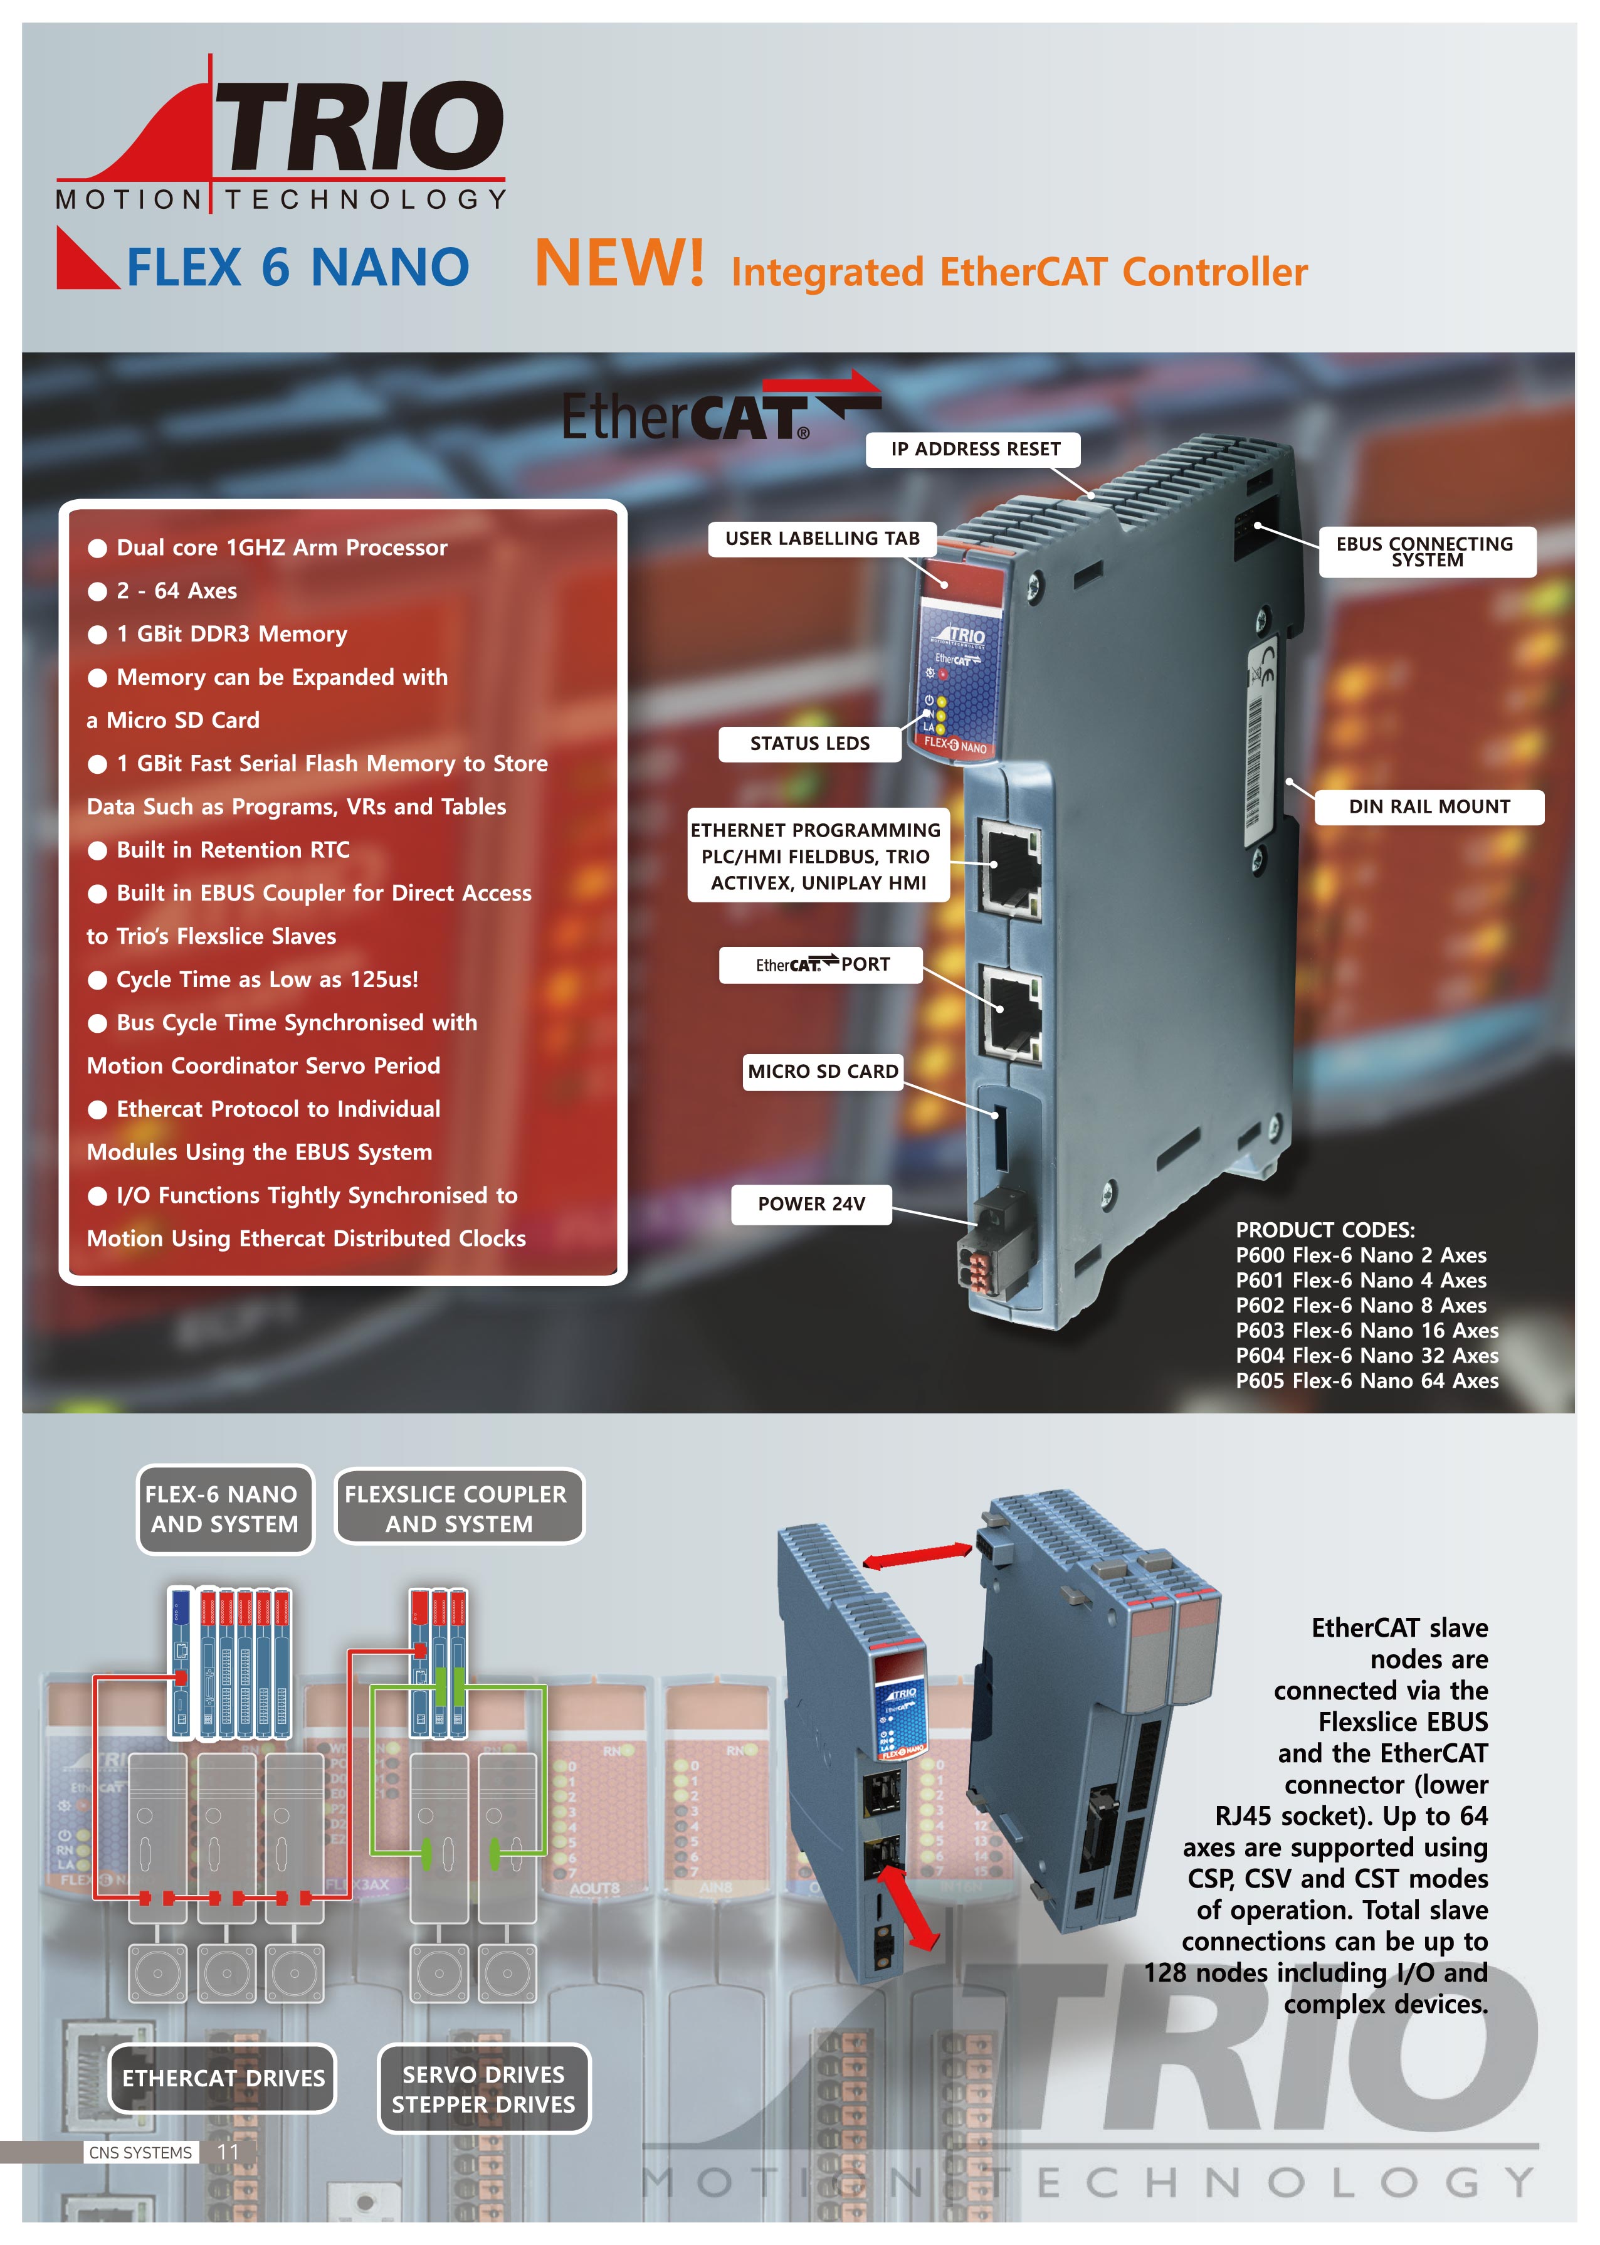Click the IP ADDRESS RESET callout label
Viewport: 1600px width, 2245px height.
pyautogui.click(x=974, y=450)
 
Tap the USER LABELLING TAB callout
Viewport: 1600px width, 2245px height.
pyautogui.click(x=822, y=539)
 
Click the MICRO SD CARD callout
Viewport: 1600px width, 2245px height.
pyautogui.click(x=822, y=1071)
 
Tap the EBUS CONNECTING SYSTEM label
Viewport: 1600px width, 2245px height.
pyautogui.click(x=1426, y=552)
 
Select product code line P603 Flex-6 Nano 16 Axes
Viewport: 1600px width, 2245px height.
pyautogui.click(x=1367, y=1331)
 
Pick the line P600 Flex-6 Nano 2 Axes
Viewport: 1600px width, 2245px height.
pyautogui.click(x=1361, y=1255)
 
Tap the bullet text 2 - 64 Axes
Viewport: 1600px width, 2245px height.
pyautogui.click(x=176, y=591)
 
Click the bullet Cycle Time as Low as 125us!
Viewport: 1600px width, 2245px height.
pyautogui.click(x=267, y=980)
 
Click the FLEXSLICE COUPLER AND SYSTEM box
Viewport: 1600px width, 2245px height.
pyautogui.click(x=458, y=1509)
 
